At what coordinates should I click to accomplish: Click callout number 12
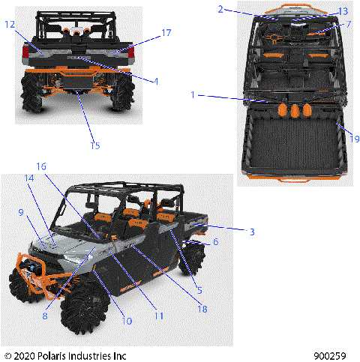pos(10,24)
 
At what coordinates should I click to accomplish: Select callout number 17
pos(166,33)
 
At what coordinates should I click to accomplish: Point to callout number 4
pos(156,81)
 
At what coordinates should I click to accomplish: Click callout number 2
pos(220,9)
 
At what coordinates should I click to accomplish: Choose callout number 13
pos(343,12)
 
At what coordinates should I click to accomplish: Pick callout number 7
pos(348,25)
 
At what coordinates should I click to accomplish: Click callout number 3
pos(252,232)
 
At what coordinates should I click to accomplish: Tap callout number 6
pos(215,242)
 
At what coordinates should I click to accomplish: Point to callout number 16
pos(41,166)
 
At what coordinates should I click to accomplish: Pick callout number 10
pos(127,321)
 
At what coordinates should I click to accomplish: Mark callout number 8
pos(46,316)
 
